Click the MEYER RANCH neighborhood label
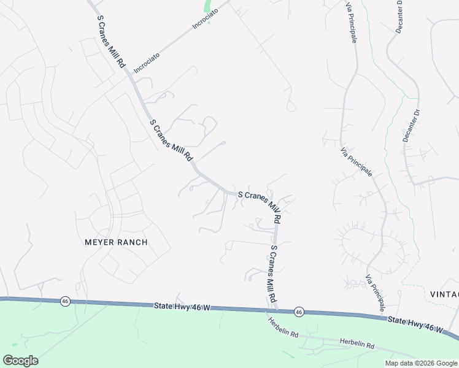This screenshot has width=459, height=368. pyautogui.click(x=115, y=242)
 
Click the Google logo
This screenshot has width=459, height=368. pyautogui.click(x=20, y=361)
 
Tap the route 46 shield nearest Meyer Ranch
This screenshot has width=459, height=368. pyautogui.click(x=64, y=301)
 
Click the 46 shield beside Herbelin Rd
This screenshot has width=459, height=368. pyautogui.click(x=298, y=312)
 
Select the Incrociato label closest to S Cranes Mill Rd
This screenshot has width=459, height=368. pyautogui.click(x=147, y=63)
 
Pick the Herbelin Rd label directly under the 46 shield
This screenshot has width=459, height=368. pyautogui.click(x=282, y=328)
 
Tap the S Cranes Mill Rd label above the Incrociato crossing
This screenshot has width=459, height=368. pyautogui.click(x=111, y=41)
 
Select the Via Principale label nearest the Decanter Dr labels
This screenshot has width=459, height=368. pyautogui.click(x=357, y=163)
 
